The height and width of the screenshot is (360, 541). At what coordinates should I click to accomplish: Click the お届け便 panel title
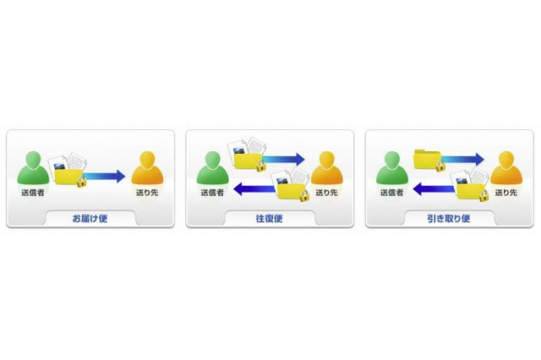pos(90,219)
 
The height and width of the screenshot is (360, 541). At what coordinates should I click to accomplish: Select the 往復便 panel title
pos(269,219)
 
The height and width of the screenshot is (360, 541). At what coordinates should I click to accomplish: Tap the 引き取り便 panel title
pos(449,219)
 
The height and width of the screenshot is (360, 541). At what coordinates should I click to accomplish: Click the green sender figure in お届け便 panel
pos(33,168)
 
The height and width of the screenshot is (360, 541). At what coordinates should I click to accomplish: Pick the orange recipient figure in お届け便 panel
pos(147,168)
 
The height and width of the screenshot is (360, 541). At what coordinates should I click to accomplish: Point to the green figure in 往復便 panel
pos(212,168)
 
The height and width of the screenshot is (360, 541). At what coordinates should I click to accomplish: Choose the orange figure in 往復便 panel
pos(327,168)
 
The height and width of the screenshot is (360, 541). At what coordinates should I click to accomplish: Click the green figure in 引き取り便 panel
pos(392,168)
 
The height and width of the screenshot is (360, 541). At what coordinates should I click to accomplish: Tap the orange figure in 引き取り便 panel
pos(506,168)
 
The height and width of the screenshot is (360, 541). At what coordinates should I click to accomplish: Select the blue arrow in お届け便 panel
pos(104,177)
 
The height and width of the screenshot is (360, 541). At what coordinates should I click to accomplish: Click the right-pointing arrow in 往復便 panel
pos(284,160)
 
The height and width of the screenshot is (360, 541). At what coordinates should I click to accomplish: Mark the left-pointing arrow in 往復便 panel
pos(255,189)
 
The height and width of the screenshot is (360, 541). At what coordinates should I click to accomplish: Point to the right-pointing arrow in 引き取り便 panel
pos(463,160)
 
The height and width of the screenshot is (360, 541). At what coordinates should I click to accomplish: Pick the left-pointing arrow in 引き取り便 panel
pos(434,189)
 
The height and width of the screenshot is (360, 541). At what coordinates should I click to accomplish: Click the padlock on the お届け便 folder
pos(81,182)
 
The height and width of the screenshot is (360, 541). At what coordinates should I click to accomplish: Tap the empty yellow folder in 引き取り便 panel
pos(427,159)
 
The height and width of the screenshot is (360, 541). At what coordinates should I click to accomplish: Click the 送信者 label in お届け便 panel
pos(33,193)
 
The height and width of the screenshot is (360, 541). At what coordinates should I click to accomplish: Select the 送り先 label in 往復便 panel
pos(327,193)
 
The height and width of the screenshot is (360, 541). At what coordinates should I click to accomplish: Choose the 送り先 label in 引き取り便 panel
pos(506,193)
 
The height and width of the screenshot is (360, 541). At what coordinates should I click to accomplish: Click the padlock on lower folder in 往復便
pos(304,196)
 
